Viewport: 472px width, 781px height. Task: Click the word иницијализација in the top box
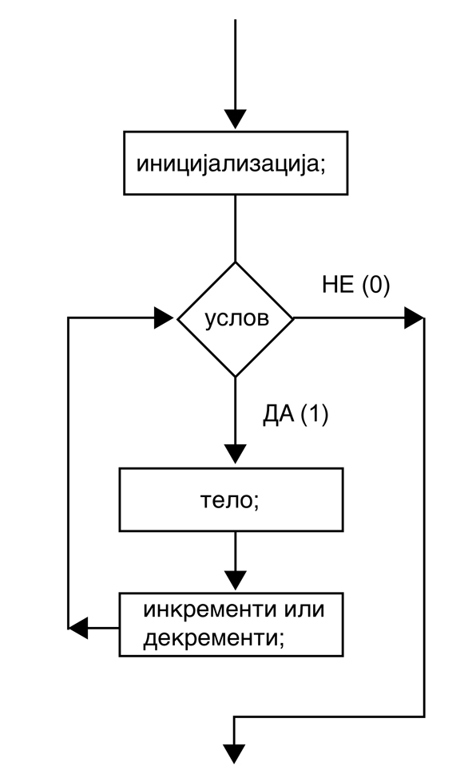click(228, 164)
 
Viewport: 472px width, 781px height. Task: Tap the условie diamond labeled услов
click(236, 319)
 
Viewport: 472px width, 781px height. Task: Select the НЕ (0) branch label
click(356, 286)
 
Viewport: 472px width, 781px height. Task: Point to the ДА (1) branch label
click(295, 415)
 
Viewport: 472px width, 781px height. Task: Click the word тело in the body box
click(226, 499)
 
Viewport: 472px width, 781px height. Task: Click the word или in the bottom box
click(305, 609)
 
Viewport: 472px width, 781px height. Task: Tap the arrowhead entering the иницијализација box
click(236, 120)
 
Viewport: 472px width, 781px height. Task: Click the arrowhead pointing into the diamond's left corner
click(164, 318)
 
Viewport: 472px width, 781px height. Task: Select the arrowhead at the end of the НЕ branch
click(414, 318)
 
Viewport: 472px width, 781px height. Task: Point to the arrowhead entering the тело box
click(236, 454)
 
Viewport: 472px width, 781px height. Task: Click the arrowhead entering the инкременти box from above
click(236, 580)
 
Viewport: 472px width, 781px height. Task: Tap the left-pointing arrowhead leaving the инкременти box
click(78, 628)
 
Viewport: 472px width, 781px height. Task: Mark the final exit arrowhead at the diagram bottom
click(234, 754)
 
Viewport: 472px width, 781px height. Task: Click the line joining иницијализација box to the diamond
click(236, 228)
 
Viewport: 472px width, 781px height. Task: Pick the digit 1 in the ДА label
click(315, 415)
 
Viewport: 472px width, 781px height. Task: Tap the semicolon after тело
click(256, 502)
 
